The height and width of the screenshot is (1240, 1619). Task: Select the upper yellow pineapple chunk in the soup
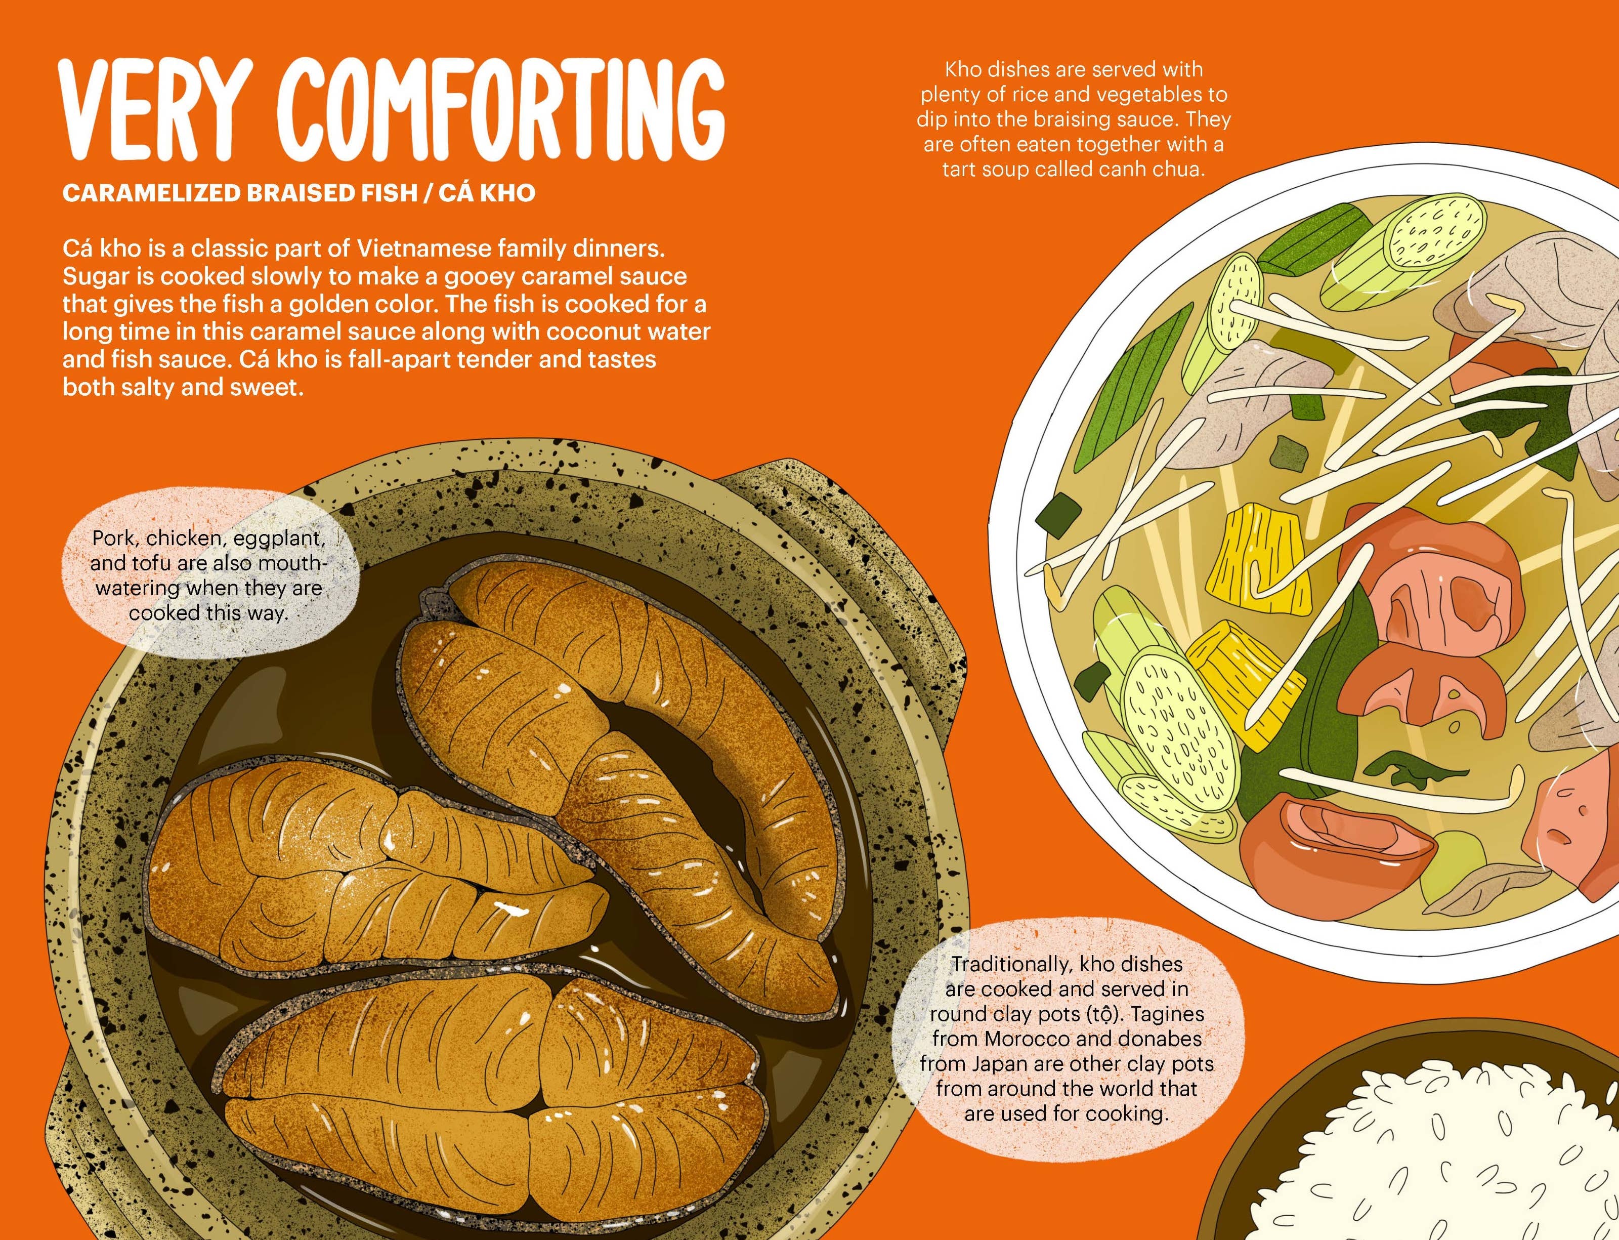[x=1254, y=546]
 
